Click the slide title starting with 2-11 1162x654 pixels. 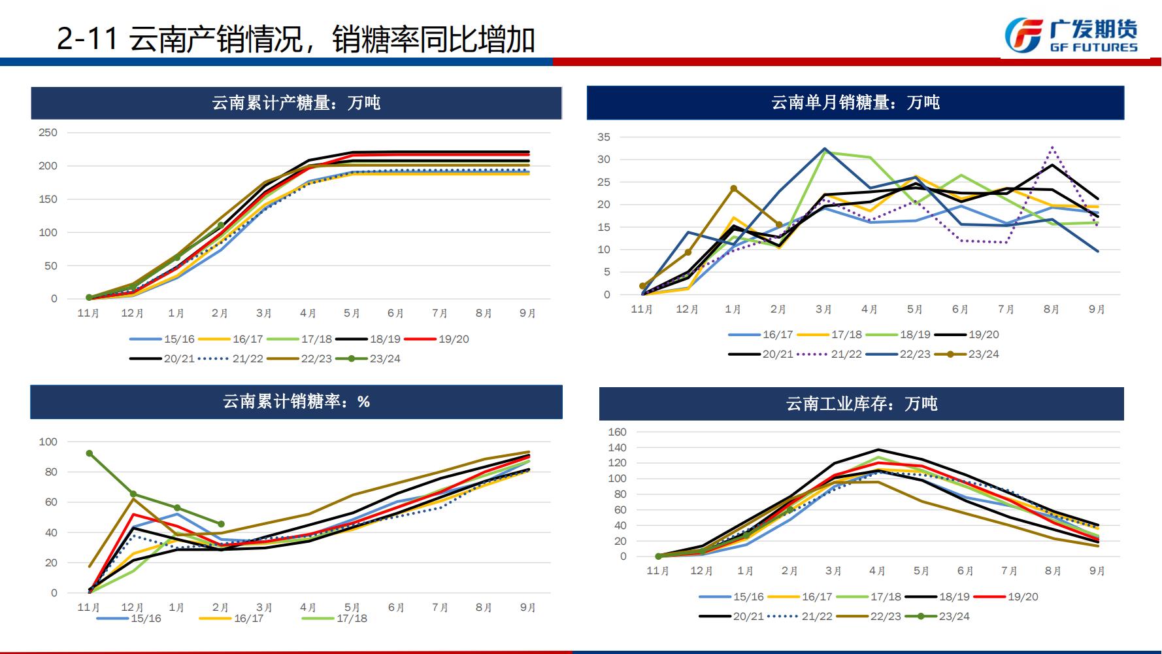[296, 40]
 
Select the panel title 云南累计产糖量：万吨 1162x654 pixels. [296, 103]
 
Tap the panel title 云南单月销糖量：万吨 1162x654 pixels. [855, 103]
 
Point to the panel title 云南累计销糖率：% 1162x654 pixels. [296, 402]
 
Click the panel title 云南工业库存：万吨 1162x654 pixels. [861, 404]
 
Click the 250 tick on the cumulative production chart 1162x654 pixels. [48, 133]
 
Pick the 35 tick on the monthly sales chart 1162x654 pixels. [603, 137]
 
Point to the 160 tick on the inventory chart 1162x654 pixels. [617, 432]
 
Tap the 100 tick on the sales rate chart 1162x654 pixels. [48, 442]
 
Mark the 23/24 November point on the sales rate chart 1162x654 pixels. [90, 453]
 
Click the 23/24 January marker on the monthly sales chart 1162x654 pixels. [733, 188]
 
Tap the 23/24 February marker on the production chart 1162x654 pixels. [221, 225]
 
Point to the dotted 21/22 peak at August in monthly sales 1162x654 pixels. [1052, 148]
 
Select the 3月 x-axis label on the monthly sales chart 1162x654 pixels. [823, 309]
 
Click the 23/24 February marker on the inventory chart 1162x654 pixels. [789, 510]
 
